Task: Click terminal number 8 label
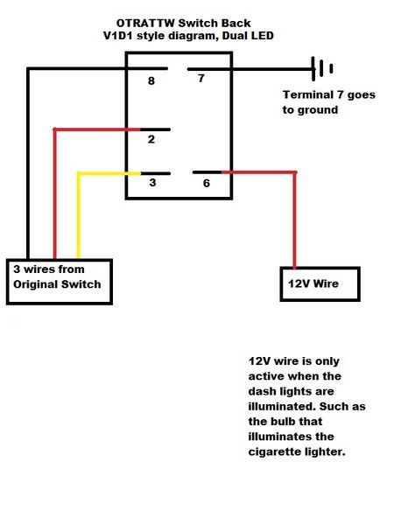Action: click(x=151, y=80)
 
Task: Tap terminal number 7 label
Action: click(x=201, y=78)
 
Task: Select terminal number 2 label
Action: click(x=151, y=139)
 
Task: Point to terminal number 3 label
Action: click(x=152, y=183)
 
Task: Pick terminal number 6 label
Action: click(x=207, y=183)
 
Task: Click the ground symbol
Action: click(x=322, y=68)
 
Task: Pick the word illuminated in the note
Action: click(x=283, y=407)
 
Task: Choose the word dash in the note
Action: click(x=262, y=391)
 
